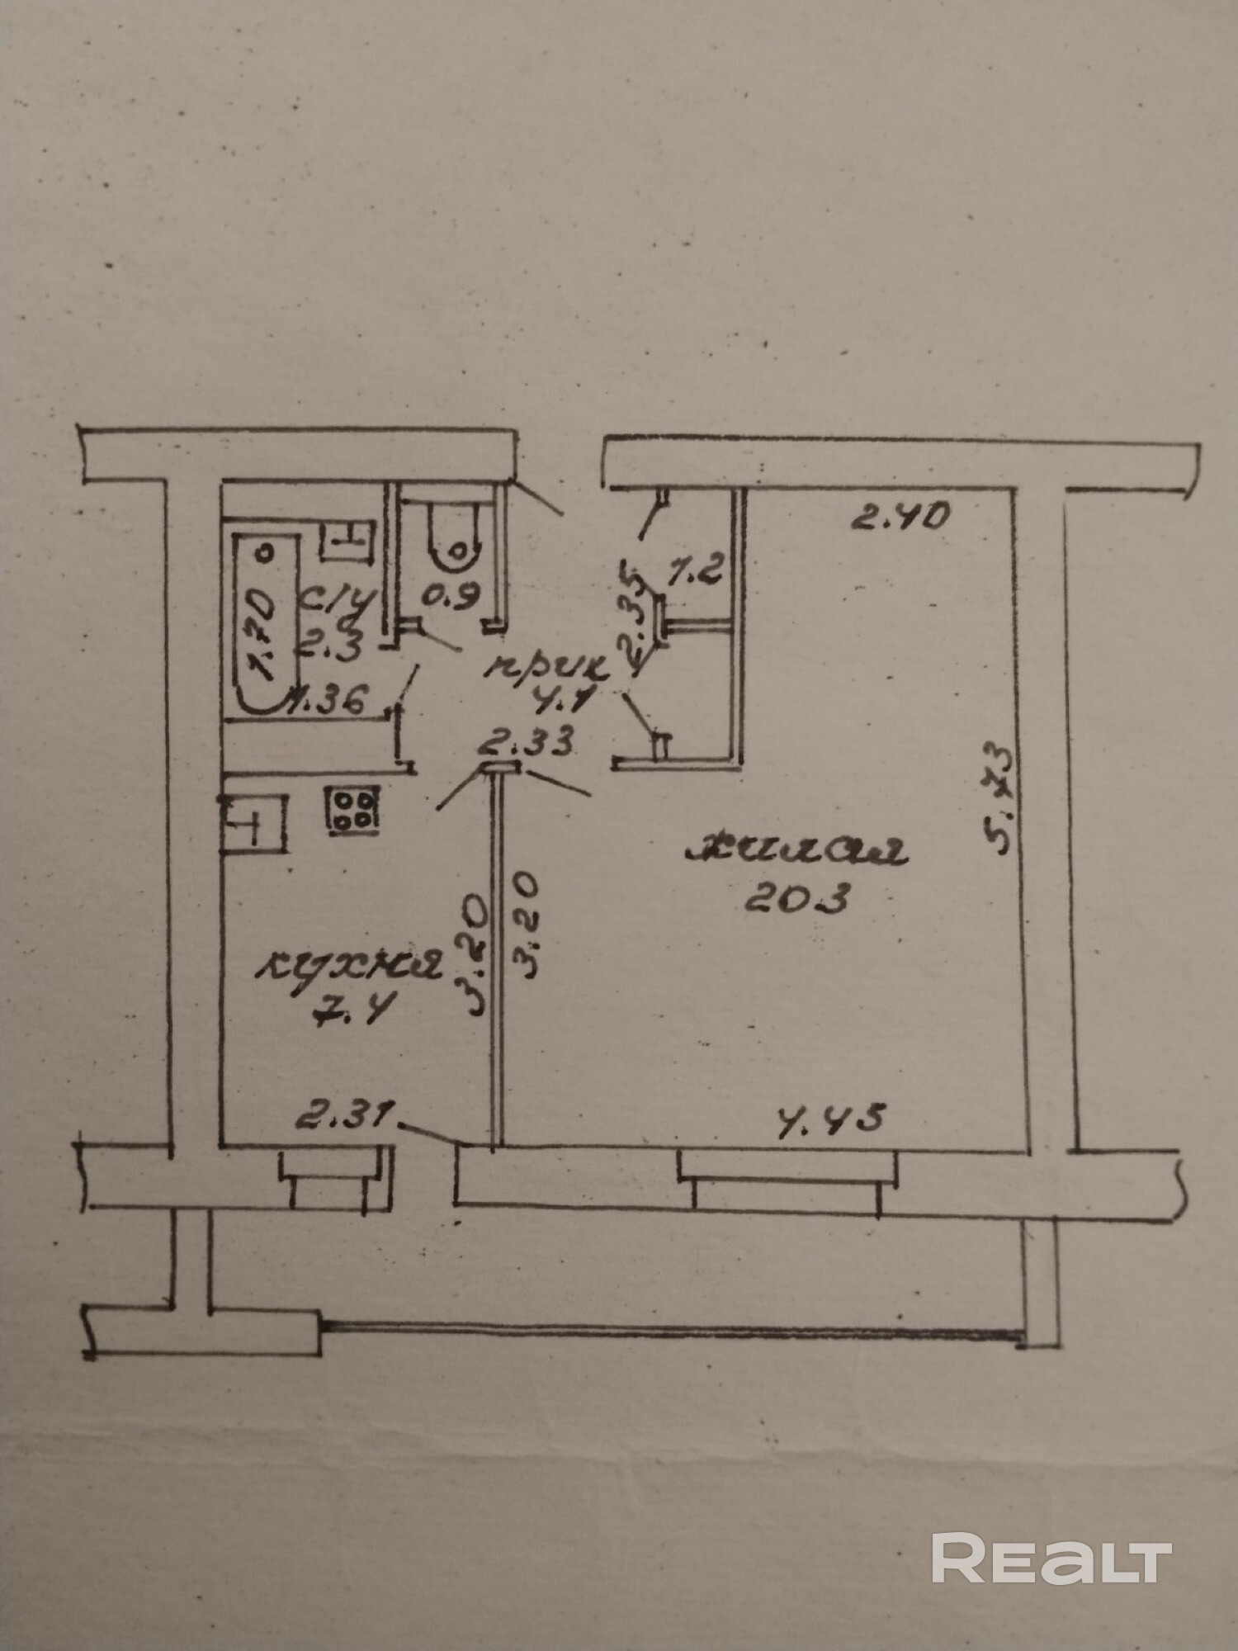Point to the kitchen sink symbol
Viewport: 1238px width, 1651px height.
pos(252,823)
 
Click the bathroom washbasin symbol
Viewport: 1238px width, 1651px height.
pos(347,541)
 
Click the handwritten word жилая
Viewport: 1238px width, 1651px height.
pos(796,851)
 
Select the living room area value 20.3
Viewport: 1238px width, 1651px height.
pos(796,897)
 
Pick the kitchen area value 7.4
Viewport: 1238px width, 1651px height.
pos(352,1008)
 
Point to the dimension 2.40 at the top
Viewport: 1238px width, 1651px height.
pos(900,518)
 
